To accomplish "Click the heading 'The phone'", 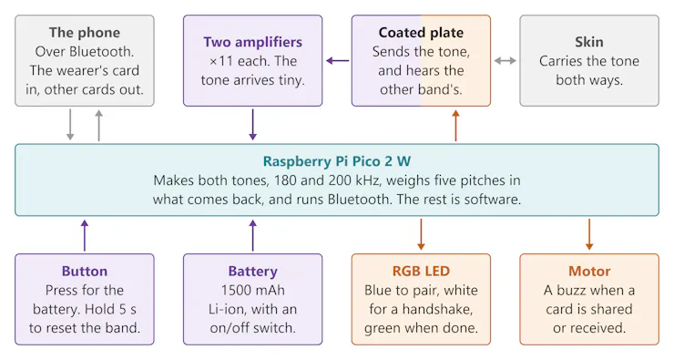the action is (84, 33).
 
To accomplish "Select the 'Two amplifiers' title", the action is (253, 42).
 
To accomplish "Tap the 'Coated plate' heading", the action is (421, 33).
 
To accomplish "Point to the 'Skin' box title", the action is (589, 42).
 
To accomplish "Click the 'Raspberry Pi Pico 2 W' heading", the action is (337, 161).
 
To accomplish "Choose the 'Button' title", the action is (84, 271).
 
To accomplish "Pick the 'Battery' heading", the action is (253, 272).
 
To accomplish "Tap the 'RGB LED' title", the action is (421, 271).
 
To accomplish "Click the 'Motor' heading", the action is (589, 271).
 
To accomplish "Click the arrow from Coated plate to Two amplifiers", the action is (337, 61).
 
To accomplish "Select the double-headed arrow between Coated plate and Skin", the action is (505, 61).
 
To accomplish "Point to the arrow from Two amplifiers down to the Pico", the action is (253, 125).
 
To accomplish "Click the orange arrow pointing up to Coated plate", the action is (455, 125).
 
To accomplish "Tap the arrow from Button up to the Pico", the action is (85, 235).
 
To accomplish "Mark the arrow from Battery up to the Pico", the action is (253, 235).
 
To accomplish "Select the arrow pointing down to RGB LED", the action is (421, 234).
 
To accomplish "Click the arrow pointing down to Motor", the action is (589, 234).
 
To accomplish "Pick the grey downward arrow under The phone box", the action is (70, 125).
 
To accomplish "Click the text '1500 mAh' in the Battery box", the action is (253, 291).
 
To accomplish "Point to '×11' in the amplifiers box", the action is (221, 61).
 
